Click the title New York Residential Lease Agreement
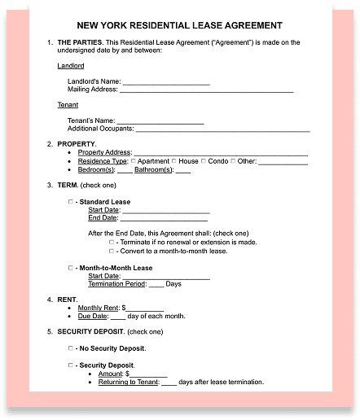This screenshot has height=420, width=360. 180,25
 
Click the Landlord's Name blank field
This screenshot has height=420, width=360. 166,81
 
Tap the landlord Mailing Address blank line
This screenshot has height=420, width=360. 207,90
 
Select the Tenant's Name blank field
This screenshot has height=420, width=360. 163,120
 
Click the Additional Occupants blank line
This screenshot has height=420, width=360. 222,129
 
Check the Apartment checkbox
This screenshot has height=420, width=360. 134,161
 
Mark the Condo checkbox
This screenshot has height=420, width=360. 203,161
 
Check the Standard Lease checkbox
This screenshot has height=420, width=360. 70,201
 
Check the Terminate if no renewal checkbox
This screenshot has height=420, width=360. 112,242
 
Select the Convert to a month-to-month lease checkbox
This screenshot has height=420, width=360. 112,251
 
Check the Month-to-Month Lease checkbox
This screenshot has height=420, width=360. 70,267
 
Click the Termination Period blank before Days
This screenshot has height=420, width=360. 156,284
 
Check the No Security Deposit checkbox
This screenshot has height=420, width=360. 70,348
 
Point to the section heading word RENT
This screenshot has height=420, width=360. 68,300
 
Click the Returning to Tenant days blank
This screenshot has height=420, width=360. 169,382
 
